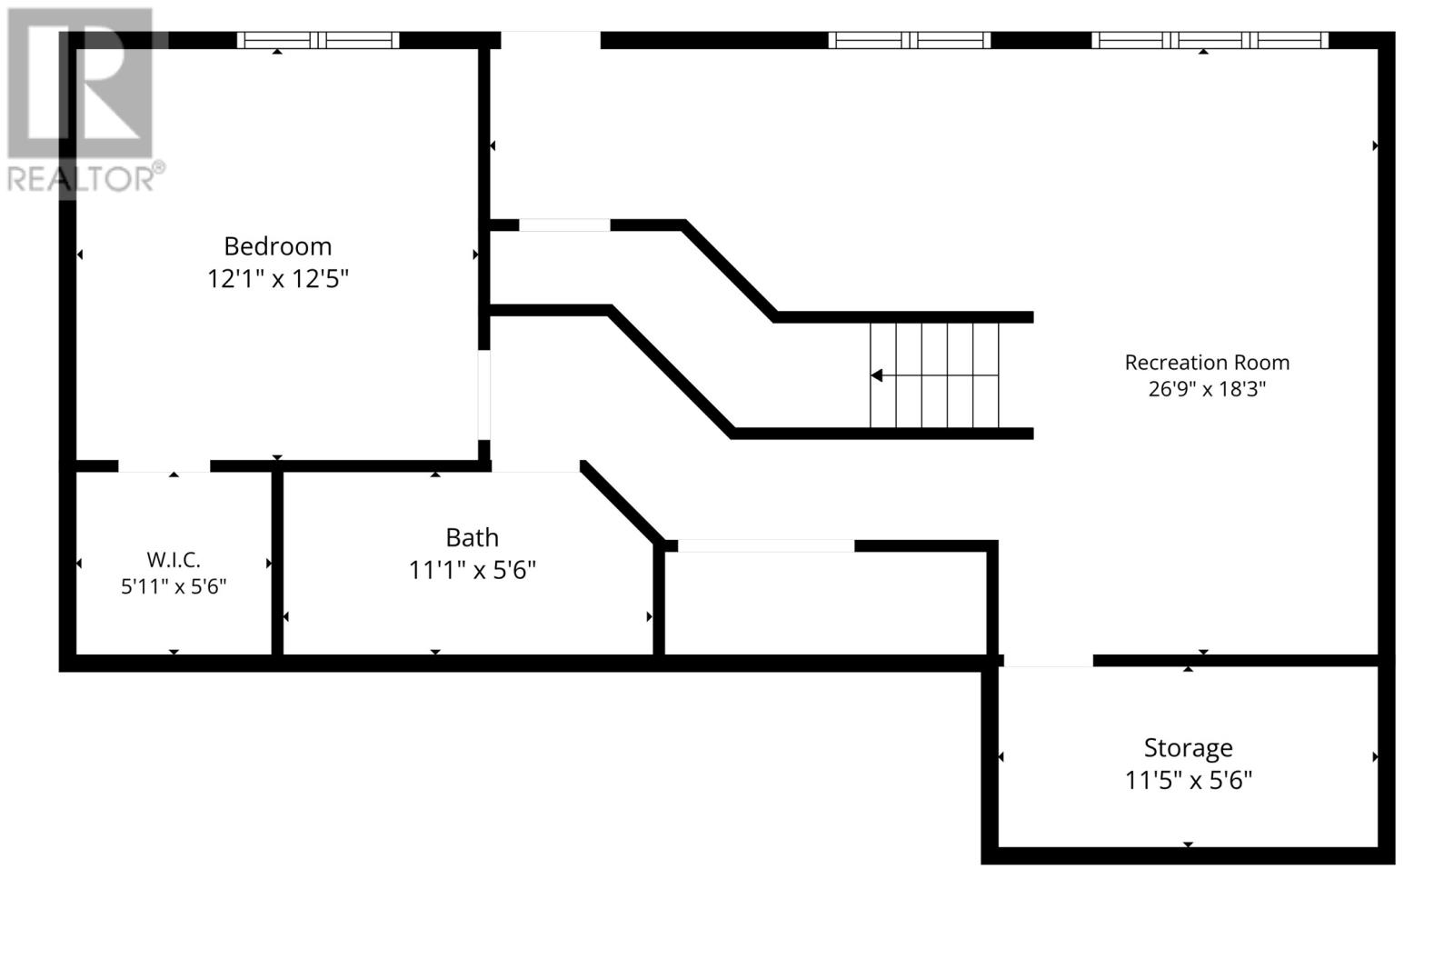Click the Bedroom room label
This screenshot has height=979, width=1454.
tap(278, 246)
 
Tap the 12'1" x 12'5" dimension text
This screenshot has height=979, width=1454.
tap(278, 279)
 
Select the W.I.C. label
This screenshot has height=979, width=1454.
tap(174, 559)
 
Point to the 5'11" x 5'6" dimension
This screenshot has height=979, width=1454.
tap(174, 587)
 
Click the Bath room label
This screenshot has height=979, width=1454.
tap(472, 537)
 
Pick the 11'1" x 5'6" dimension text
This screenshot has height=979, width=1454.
tap(472, 570)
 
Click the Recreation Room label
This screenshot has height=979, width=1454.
tap(1207, 363)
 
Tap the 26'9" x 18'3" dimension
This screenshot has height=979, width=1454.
tap(1207, 389)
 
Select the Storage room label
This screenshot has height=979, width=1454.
tap(1188, 748)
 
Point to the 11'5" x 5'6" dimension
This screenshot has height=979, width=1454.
tap(1188, 780)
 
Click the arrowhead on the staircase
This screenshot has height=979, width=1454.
tap(877, 375)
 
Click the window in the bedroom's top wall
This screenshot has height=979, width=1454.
tap(318, 40)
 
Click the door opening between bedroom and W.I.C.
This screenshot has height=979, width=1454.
tap(164, 466)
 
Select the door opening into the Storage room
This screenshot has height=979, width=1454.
tap(1049, 661)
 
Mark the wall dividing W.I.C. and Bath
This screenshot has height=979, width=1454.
tap(277, 563)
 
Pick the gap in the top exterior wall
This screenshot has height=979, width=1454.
tap(551, 40)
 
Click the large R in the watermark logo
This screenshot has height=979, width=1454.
tap(80, 83)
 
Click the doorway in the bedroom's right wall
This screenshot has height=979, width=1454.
tap(483, 395)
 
